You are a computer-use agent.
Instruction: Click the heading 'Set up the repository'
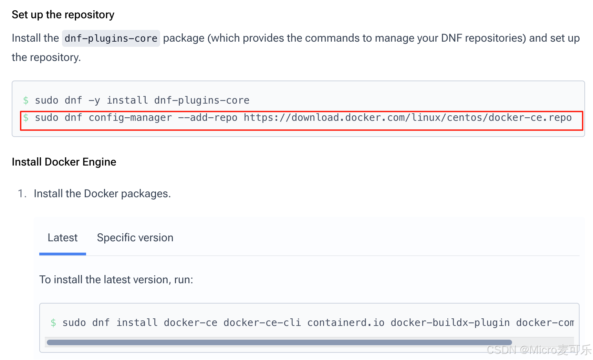[x=63, y=15]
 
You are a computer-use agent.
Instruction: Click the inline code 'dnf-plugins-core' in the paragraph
[x=111, y=38]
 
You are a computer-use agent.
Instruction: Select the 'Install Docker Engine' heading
[x=64, y=162]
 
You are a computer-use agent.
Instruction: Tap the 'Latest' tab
[x=62, y=238]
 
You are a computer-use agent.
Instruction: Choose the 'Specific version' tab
[x=135, y=238]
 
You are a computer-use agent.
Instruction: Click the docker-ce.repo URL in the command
[x=407, y=118]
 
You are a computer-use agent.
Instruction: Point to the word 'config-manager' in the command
[x=130, y=118]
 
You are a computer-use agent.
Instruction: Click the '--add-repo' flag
[x=208, y=118]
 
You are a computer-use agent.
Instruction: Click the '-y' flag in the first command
[x=94, y=100]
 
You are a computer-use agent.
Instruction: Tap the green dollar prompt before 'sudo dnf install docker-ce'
[x=53, y=323]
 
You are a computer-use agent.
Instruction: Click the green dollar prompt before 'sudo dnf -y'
[x=26, y=100]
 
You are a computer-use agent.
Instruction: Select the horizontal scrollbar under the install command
[x=279, y=342]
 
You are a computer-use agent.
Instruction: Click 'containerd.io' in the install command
[x=346, y=323]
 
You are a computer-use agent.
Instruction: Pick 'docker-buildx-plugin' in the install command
[x=450, y=323]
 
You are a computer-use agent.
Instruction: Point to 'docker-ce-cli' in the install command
[x=262, y=323]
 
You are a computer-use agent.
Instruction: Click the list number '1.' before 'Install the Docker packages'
[x=22, y=194]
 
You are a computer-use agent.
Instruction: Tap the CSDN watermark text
[x=539, y=350]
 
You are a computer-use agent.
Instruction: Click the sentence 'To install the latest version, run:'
[x=116, y=280]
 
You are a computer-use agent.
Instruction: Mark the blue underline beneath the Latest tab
[x=62, y=254]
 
